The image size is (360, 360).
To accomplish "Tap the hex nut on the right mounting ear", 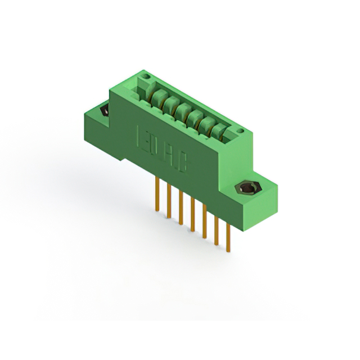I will (x=246, y=187).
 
